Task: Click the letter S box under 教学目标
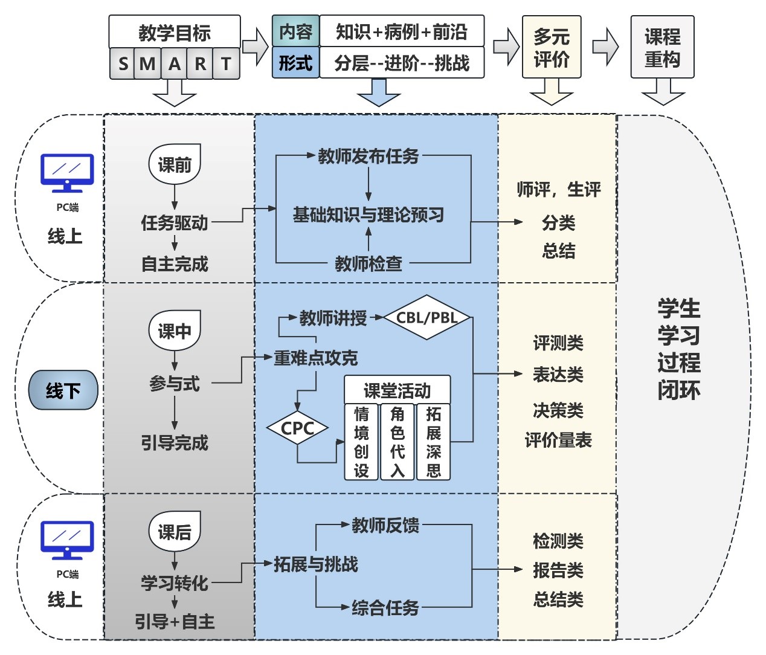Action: coord(123,63)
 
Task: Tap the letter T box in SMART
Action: coord(226,63)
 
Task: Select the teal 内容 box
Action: coord(295,31)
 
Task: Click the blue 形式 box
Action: coord(295,63)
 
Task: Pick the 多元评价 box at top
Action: coord(551,47)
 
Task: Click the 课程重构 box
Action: coord(662,47)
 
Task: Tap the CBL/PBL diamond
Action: coord(426,317)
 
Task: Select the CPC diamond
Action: coord(297,428)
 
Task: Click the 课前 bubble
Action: coord(175,164)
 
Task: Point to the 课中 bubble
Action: coord(175,331)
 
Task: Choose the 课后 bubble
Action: coord(175,531)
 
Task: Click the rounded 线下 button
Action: coord(63,390)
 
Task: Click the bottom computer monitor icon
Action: coord(67,540)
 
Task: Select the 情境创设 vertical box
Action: coord(361,442)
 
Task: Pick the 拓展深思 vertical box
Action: coord(433,442)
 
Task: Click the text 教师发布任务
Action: coord(369,156)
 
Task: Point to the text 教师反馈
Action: coord(385,525)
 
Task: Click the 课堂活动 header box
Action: coord(397,390)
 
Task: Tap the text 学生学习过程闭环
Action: coord(679,349)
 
